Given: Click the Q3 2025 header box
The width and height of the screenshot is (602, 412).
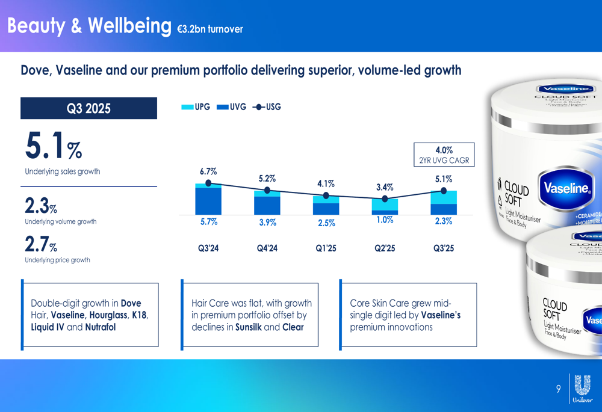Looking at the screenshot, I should coord(88,108).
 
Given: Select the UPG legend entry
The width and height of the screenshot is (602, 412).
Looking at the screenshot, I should coord(196,107).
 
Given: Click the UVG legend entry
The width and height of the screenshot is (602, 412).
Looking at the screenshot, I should coord(231,107).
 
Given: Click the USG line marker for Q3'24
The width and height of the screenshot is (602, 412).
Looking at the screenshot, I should coord(208,183).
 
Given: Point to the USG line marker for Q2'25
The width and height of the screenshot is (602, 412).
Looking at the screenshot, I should coord(385,198).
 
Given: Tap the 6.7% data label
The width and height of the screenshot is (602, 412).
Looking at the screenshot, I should coord(208,171).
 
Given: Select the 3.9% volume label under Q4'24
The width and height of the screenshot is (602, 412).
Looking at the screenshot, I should coord(267,223).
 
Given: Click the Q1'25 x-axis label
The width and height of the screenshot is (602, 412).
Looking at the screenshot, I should coord(326,248).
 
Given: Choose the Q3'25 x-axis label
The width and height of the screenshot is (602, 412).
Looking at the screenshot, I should coord(444,248).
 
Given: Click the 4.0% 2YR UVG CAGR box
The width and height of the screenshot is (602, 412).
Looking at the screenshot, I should coord(444,155).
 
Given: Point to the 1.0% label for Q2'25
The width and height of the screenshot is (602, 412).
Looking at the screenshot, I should coord(385,220).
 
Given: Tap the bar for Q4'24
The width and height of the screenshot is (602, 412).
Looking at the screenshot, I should coord(267,203).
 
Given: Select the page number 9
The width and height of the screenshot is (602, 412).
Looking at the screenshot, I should coord(558,389).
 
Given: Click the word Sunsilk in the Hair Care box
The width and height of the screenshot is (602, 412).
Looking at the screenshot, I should coord(248,327).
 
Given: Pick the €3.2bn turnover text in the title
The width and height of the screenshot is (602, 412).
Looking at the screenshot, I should coord(210,29).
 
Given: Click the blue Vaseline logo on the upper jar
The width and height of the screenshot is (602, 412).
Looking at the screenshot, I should coord(566,188).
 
